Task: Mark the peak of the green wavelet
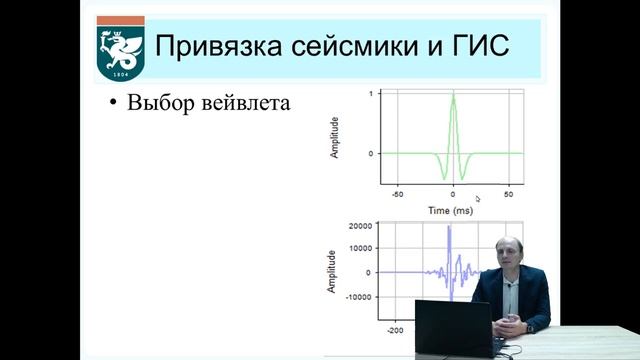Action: [453, 94]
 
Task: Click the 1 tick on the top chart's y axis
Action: [370, 94]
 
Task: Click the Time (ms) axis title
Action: [451, 211]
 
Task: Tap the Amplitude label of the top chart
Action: [335, 138]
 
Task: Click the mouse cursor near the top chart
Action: [478, 198]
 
